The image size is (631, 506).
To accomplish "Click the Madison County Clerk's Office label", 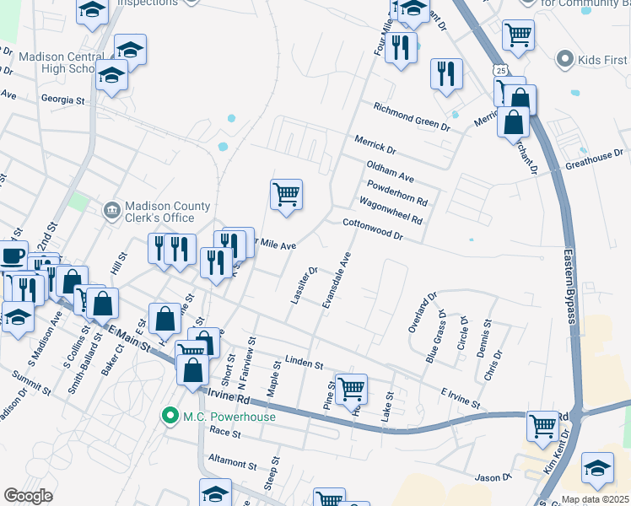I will [159, 211].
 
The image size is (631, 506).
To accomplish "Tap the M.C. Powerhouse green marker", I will [170, 415].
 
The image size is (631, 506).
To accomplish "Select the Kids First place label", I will [602, 60].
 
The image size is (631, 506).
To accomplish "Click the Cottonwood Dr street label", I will [373, 229].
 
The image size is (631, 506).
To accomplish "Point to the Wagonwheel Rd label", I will [390, 208].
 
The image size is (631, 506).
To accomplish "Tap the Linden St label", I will [304, 363].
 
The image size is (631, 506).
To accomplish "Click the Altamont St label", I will [233, 465].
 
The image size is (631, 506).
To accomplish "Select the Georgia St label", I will [63, 100].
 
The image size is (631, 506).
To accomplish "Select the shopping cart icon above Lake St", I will [351, 389].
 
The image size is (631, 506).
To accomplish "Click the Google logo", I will [29, 496].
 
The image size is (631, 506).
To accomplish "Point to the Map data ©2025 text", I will [596, 499].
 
